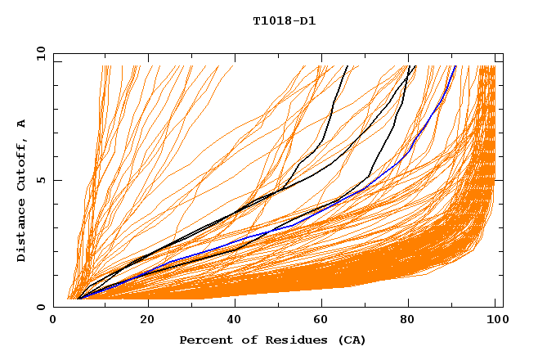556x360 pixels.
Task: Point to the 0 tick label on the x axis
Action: (53, 321)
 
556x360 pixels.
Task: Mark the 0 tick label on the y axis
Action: (41, 307)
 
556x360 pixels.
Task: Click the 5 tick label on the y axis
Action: (41, 180)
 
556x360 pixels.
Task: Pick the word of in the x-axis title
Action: (242, 340)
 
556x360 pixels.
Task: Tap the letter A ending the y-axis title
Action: (21, 123)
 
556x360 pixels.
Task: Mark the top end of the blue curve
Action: (455, 66)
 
